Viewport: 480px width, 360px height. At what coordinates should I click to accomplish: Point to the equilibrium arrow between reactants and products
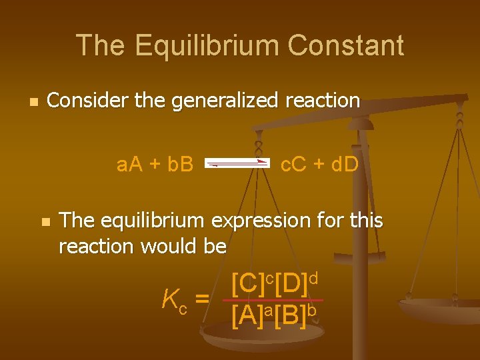[x=237, y=163]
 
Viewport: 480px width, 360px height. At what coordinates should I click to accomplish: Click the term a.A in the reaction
[x=131, y=163]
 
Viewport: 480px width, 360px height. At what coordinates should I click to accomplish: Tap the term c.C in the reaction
[x=297, y=163]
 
